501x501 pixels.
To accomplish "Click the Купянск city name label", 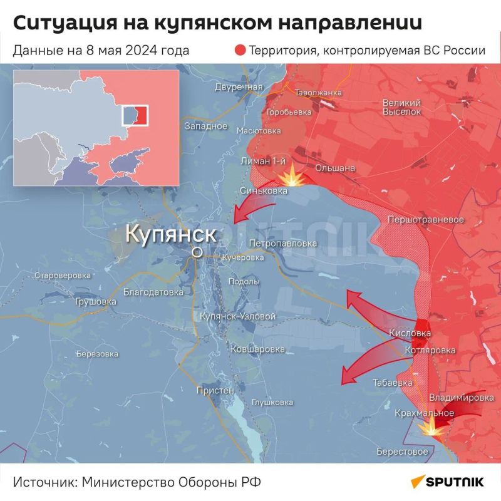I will click(x=171, y=234).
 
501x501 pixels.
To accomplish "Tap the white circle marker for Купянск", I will click(x=197, y=252).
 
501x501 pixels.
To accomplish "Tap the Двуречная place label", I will click(x=238, y=87).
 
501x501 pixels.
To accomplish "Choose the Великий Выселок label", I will click(x=401, y=106).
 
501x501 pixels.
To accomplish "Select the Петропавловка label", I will click(x=282, y=243).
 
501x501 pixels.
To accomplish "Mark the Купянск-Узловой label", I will click(x=237, y=317).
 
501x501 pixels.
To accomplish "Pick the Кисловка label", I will click(x=410, y=333).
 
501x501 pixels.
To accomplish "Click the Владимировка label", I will click(x=461, y=398).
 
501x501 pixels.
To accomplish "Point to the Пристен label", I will click(x=215, y=390).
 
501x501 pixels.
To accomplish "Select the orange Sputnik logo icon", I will click(x=418, y=482).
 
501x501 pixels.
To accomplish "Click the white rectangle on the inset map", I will click(x=136, y=115).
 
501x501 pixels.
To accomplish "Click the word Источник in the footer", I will click(x=43, y=483).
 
